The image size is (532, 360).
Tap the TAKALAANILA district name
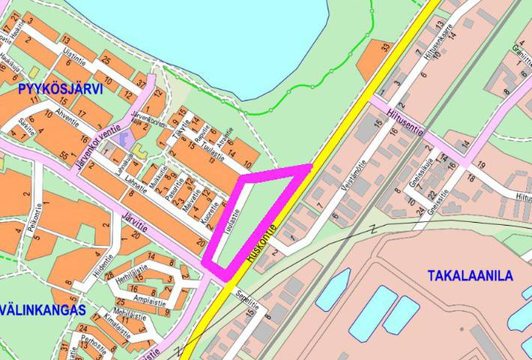click(x=471, y=276)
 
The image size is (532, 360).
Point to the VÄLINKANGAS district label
click(x=42, y=310)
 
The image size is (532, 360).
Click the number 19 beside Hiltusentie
click(x=482, y=164)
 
